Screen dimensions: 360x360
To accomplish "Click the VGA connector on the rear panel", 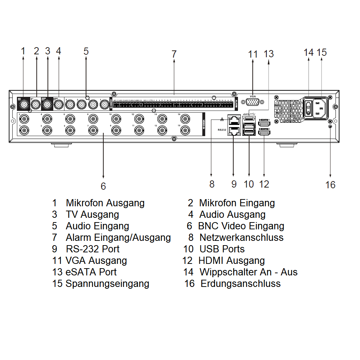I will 253,103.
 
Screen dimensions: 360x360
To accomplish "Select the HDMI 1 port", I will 263,124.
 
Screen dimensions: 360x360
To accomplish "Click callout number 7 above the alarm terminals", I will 174,54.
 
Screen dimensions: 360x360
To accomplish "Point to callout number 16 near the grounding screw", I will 330,185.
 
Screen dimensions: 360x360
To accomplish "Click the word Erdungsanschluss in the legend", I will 240,283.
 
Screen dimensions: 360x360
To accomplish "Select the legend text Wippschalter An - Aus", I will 248,272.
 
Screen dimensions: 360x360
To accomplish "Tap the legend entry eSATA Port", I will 91,272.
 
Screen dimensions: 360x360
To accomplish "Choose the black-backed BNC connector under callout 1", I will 24,105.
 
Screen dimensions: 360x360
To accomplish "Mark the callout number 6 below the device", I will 103,186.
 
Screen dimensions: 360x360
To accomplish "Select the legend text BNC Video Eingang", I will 241,226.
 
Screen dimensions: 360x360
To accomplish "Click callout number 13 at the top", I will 269,54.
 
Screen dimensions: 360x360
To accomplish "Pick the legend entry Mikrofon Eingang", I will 237,203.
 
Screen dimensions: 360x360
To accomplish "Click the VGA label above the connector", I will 253,96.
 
